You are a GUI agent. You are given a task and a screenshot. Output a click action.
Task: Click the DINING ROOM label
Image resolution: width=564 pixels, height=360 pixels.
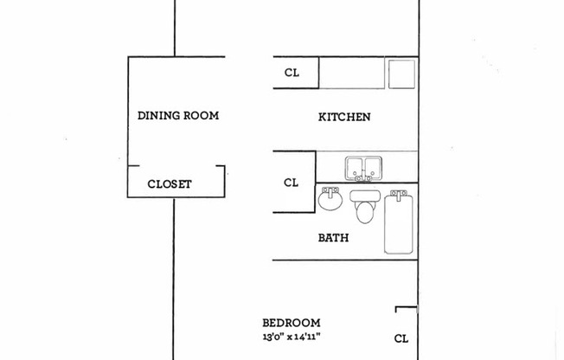point(178,115)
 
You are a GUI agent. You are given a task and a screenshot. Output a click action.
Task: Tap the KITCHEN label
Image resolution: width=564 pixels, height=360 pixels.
point(344,117)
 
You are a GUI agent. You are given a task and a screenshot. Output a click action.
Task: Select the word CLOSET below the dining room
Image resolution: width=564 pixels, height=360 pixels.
point(170,184)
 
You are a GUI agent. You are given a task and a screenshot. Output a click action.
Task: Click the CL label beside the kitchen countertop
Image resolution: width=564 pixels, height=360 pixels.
point(292,73)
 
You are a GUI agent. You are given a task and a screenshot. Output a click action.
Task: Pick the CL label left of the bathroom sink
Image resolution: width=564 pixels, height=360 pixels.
point(292,183)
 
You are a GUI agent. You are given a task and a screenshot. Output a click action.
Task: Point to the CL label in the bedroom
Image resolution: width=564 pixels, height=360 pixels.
point(401,338)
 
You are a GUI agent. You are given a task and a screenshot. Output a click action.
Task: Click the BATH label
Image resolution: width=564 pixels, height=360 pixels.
point(333,237)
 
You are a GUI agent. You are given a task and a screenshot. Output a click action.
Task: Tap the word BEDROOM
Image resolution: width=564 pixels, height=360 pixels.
point(292,322)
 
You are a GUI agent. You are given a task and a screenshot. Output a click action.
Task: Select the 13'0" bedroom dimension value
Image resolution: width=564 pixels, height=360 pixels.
point(276,337)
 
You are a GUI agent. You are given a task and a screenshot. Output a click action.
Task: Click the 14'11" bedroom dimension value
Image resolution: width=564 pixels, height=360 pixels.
point(318,337)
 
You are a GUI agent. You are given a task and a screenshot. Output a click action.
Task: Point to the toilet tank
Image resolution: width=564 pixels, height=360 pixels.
point(364,196)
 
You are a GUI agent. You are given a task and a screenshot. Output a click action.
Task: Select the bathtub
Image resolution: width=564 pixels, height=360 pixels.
point(399,225)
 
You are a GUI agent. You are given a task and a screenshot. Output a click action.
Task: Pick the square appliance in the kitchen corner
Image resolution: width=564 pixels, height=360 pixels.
point(401,74)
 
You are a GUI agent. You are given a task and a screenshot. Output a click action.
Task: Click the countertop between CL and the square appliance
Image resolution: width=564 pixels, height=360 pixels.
point(352,73)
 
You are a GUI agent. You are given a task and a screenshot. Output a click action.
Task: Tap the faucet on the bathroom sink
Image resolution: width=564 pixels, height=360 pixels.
point(330,190)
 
